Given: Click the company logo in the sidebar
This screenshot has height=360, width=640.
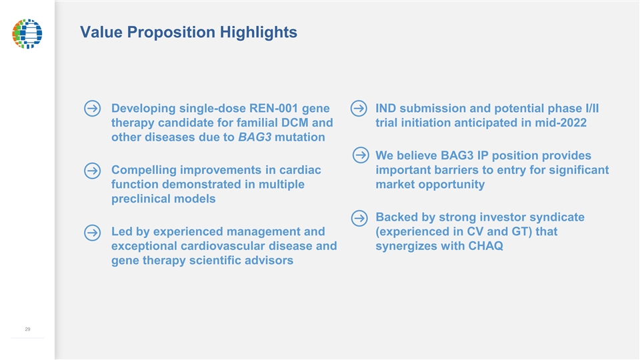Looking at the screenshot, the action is [x=27, y=33].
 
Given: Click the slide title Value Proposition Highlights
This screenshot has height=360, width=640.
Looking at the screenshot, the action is [x=189, y=32].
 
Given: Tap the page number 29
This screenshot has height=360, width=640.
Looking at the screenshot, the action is [x=27, y=329].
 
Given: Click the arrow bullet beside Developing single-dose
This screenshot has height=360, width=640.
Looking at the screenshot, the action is [x=92, y=109].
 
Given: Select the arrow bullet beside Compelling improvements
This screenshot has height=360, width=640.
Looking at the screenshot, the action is [x=92, y=171].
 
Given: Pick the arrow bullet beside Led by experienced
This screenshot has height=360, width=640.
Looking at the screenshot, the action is [x=92, y=233].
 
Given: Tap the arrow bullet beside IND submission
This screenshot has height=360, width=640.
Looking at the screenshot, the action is [x=359, y=108].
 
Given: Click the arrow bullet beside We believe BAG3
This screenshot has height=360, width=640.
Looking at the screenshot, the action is [x=361, y=155].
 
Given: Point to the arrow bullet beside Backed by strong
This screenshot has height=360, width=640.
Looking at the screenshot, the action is [x=359, y=218].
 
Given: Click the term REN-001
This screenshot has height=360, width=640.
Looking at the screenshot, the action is [x=273, y=108].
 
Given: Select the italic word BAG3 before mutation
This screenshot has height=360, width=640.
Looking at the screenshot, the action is [x=255, y=137].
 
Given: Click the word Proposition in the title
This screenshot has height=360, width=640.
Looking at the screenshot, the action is [x=171, y=32].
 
